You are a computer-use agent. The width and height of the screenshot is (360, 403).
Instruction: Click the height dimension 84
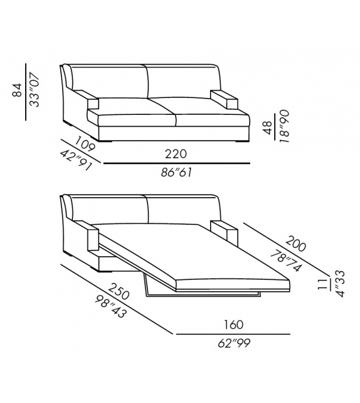point(18,92)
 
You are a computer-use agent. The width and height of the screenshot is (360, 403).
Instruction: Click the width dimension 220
point(176,153)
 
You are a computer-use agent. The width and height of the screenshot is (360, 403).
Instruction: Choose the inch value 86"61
point(176,173)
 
